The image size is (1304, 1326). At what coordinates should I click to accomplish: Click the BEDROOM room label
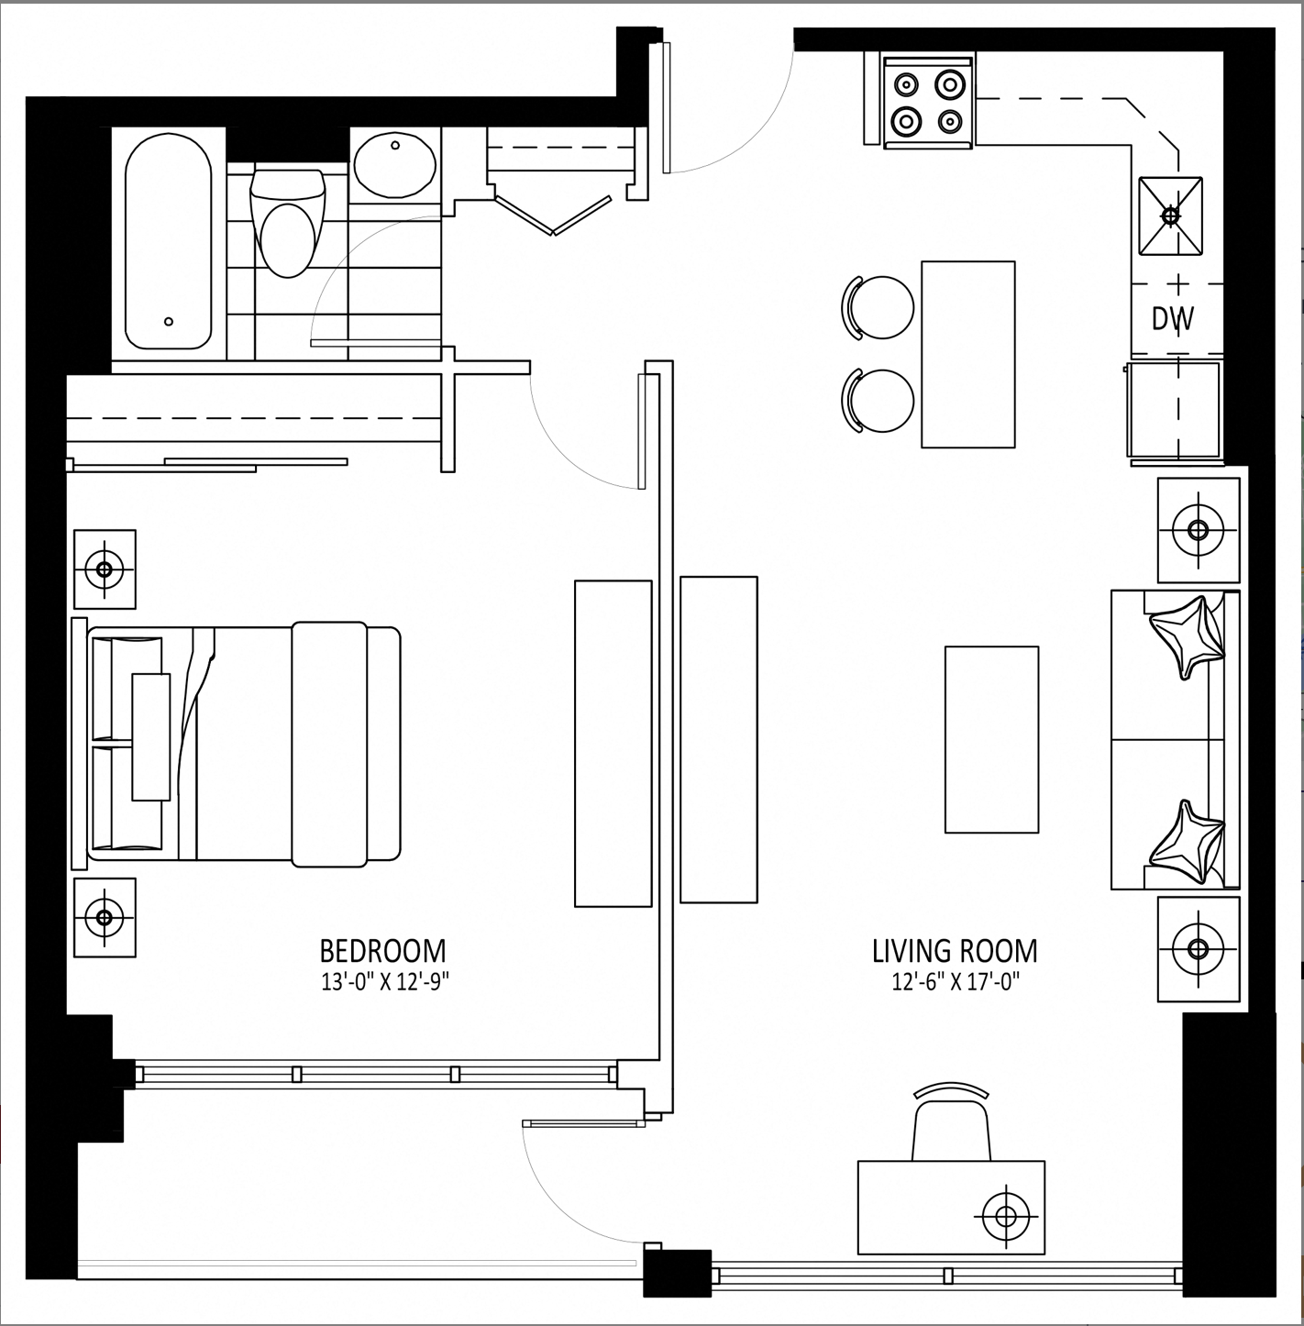382,951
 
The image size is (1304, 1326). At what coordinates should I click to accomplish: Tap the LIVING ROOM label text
955,951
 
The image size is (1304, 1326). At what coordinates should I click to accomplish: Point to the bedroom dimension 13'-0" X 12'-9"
384,982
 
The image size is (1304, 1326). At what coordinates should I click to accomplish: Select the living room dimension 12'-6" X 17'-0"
956,982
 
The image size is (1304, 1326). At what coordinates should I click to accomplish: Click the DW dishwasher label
1173,318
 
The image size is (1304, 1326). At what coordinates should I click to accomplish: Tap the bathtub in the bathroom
168,241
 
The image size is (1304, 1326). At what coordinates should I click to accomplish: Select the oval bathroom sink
395,165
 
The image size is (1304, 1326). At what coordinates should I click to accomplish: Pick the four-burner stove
928,103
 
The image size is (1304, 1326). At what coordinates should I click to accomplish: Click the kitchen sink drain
1170,216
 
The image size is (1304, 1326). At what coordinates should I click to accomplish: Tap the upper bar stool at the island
878,307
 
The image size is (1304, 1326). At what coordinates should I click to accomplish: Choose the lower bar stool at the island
878,401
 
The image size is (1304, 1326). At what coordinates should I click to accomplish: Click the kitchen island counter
968,354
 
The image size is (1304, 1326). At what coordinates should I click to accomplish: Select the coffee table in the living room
991,740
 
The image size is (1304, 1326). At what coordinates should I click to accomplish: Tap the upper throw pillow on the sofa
1188,636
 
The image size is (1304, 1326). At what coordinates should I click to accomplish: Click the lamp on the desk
1006,1217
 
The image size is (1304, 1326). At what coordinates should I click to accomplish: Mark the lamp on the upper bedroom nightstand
105,569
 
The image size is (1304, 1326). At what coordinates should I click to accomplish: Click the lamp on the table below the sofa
1198,948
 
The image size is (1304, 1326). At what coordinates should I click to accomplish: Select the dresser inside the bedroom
613,744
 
